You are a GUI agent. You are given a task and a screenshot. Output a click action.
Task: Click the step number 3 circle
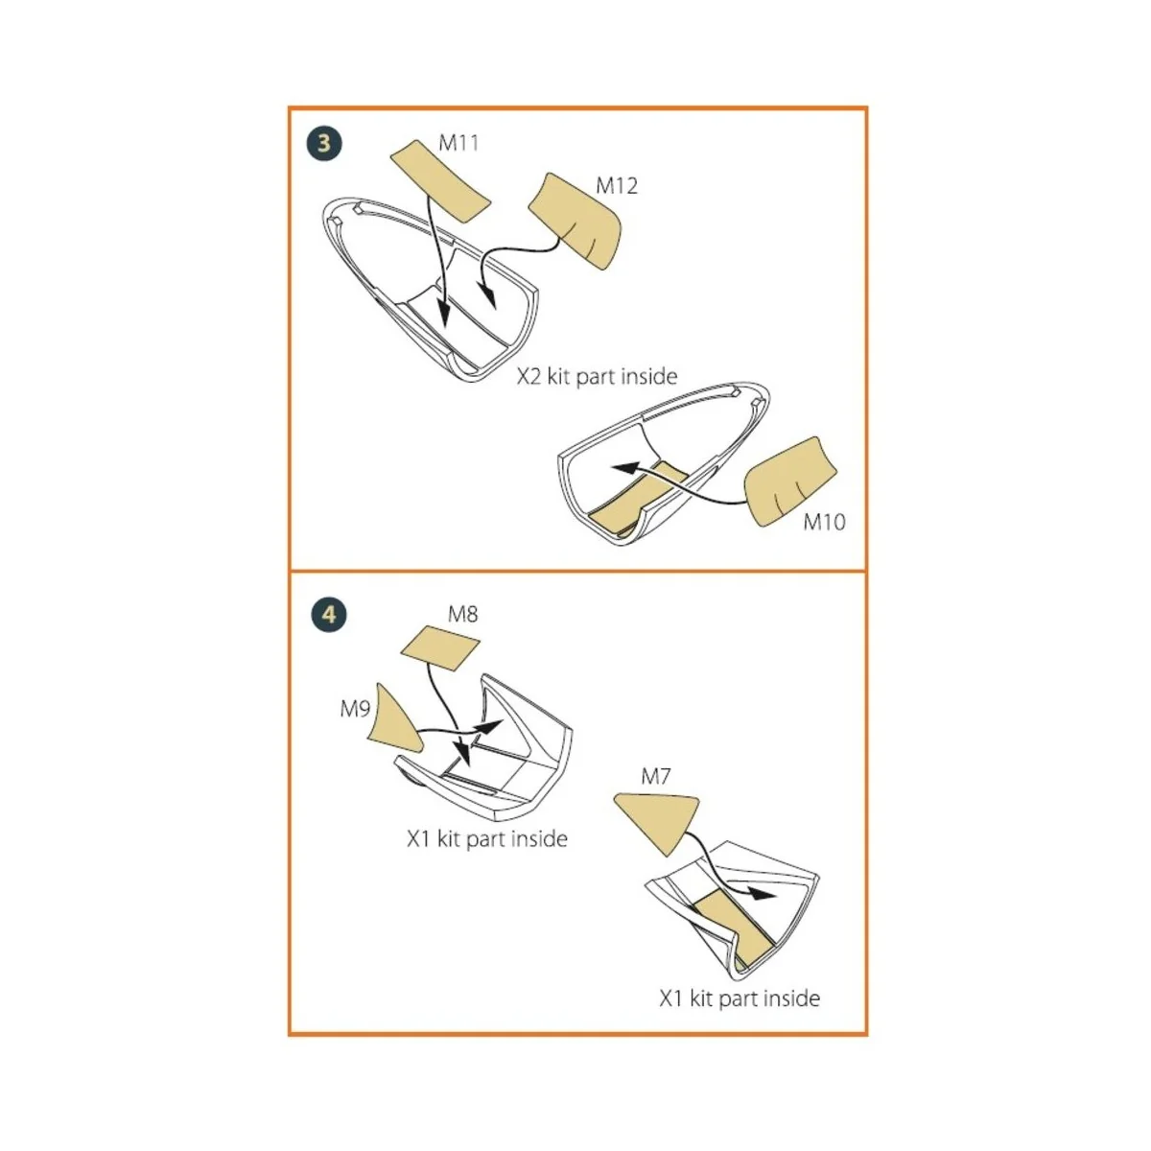click(324, 143)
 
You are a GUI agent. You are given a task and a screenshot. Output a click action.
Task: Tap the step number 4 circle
click(329, 615)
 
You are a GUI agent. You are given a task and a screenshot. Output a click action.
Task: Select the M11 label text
click(458, 143)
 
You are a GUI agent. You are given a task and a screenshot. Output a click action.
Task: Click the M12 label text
click(617, 186)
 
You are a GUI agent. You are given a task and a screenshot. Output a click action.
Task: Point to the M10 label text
click(824, 522)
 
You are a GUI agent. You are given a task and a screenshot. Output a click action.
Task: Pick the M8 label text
click(463, 614)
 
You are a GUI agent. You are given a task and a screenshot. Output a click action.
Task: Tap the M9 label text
click(355, 709)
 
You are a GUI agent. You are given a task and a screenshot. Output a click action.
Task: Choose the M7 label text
click(655, 777)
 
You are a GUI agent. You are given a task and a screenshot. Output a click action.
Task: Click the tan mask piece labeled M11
click(440, 181)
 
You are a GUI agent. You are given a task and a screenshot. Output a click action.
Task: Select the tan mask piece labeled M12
click(575, 221)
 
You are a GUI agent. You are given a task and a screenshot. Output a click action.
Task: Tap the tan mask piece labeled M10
click(790, 482)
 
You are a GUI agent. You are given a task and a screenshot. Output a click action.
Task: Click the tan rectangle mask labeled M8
click(439, 648)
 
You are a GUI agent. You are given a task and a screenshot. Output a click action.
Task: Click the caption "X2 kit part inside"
click(597, 377)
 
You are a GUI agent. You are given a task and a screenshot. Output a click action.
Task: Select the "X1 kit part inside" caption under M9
click(487, 839)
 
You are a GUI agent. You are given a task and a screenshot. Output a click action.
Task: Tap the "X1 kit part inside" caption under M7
click(740, 998)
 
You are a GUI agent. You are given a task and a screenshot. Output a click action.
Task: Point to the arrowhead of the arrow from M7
click(763, 894)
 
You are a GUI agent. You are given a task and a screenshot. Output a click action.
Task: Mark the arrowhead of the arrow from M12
click(489, 296)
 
